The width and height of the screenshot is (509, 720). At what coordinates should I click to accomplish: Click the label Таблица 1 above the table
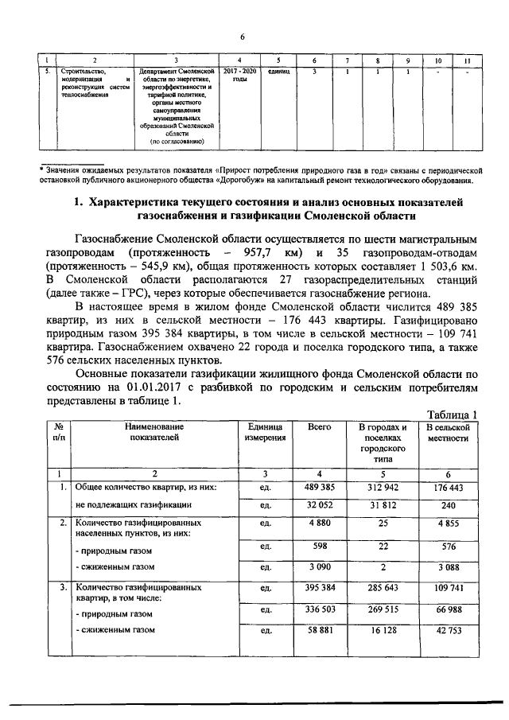[x=452, y=414]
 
